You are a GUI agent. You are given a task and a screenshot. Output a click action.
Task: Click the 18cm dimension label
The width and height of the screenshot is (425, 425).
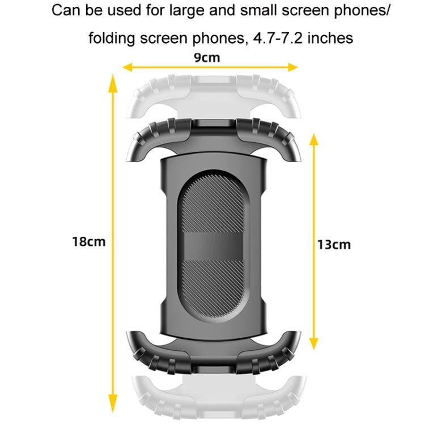89,241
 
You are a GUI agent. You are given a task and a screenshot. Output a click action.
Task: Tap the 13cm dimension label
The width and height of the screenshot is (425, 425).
334,245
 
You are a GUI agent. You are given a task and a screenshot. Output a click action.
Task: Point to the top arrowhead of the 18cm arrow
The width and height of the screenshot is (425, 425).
113,84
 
